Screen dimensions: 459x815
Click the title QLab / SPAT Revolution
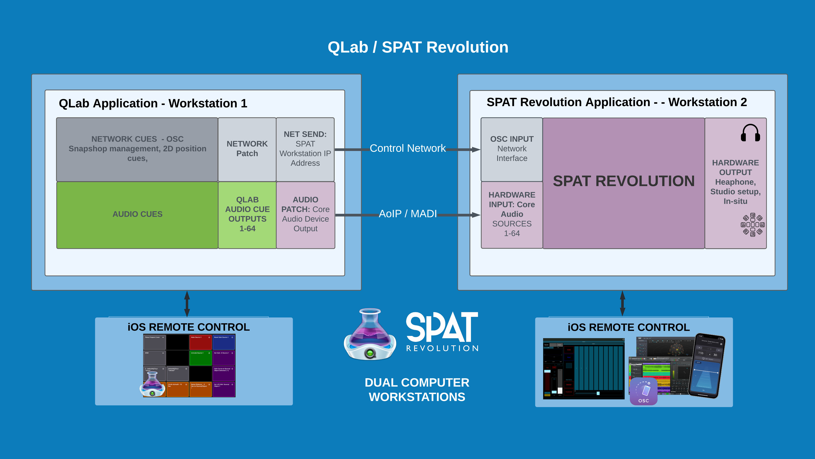418,47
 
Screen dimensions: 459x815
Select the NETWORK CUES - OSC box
137,149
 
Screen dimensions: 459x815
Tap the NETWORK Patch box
247,149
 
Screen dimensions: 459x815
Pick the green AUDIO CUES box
137,214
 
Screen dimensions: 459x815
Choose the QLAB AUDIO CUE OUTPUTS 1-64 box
247,214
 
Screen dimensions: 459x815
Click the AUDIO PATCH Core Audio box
305,214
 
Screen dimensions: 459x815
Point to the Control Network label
407,148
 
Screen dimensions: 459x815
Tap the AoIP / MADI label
407,214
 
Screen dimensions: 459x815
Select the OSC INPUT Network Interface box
512,149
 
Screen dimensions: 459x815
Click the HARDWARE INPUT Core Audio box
512,214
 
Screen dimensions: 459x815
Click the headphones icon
750,133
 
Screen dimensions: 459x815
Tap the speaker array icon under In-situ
753,225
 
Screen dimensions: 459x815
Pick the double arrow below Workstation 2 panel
622,304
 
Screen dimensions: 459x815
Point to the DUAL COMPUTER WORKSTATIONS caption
417,390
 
